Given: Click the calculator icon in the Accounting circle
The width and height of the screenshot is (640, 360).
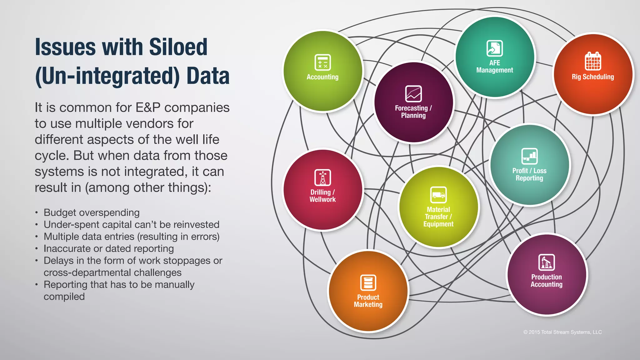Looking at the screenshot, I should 322,62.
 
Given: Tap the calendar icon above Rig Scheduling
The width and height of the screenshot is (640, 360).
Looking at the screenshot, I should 593,61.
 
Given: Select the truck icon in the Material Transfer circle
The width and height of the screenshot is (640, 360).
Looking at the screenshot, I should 438,195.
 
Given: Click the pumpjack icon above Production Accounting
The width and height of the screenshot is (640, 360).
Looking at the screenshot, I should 547,262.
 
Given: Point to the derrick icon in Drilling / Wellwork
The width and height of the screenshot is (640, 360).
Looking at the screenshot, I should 322,177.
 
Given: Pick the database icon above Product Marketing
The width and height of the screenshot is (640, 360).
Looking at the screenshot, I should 368,282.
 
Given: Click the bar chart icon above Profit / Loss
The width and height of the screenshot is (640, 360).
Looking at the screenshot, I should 529,156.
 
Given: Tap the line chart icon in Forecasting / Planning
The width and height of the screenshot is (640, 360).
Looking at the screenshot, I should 413,94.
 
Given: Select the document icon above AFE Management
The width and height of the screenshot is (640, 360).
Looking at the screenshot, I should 494,48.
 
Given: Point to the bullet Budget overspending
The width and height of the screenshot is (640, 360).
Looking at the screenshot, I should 92,212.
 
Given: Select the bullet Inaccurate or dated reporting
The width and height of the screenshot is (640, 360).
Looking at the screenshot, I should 108,248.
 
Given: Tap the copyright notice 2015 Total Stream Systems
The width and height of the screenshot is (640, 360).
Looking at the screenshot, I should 562,332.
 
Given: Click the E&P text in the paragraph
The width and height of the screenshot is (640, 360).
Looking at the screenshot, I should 148,107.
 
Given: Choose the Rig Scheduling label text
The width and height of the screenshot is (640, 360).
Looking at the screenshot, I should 593,77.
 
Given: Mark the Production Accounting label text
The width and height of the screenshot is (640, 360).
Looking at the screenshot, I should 547,281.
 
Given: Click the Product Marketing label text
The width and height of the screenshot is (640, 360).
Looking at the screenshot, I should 368,301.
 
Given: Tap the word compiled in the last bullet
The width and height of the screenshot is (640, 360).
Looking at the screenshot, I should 64,297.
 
